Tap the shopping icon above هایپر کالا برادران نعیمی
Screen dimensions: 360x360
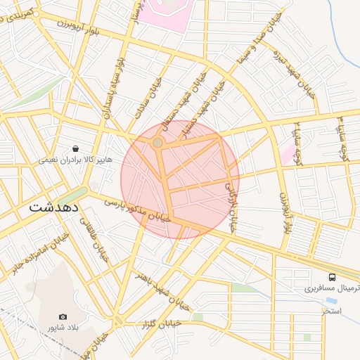coord(75,149)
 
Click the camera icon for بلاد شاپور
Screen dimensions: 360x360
coord(63,317)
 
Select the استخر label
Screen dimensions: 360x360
coord(331,310)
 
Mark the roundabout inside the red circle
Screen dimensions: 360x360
coord(158,143)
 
